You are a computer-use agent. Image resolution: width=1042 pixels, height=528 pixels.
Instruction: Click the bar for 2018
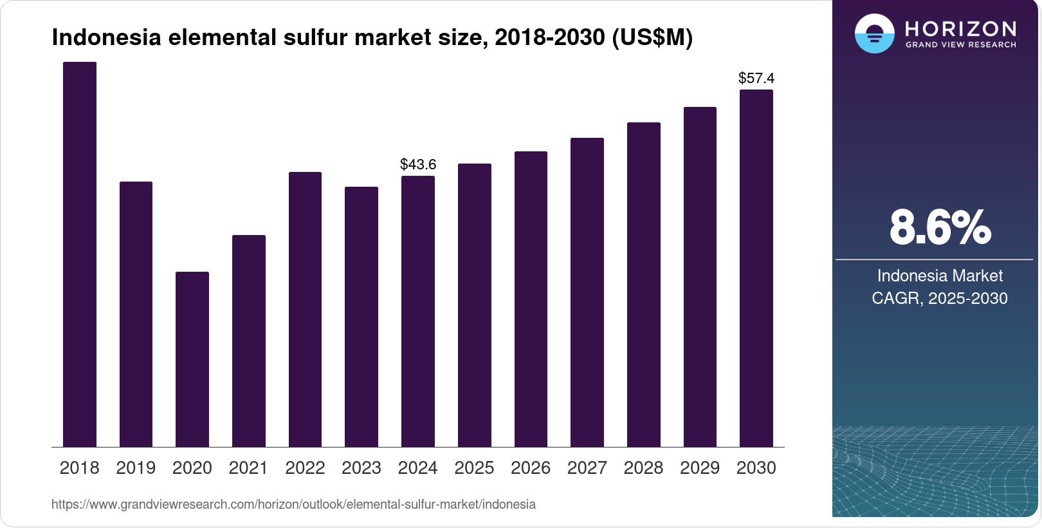(79, 254)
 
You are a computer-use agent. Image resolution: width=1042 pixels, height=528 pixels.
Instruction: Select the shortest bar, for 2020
(192, 359)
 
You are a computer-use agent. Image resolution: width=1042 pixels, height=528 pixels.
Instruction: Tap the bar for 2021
(248, 341)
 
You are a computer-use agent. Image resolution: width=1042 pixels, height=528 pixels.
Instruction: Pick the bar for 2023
(361, 317)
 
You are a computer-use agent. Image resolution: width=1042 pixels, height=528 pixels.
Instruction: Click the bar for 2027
(587, 292)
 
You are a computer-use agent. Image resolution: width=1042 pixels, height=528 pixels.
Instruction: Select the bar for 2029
(700, 277)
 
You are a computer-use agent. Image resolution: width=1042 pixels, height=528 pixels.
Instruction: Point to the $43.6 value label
(418, 164)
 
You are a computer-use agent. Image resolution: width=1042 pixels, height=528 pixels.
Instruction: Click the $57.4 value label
(756, 78)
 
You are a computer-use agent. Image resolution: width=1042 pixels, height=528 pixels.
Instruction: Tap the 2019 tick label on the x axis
(136, 468)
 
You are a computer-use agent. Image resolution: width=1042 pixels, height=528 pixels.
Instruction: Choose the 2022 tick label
(305, 468)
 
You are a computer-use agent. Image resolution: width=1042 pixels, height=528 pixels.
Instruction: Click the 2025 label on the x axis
(474, 468)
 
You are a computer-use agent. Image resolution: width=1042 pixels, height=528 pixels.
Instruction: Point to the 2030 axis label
(756, 468)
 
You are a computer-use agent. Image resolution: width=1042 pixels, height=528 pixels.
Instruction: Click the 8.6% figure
(940, 227)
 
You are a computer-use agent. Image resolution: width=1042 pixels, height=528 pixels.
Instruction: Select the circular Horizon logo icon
(874, 33)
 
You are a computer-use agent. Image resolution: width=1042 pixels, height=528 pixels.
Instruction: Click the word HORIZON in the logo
(960, 29)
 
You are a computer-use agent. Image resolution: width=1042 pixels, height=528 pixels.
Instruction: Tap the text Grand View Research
(960, 45)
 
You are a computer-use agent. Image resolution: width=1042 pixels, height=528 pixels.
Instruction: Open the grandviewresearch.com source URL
(293, 504)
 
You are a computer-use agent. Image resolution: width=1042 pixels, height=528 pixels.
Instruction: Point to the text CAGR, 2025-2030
(939, 298)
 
